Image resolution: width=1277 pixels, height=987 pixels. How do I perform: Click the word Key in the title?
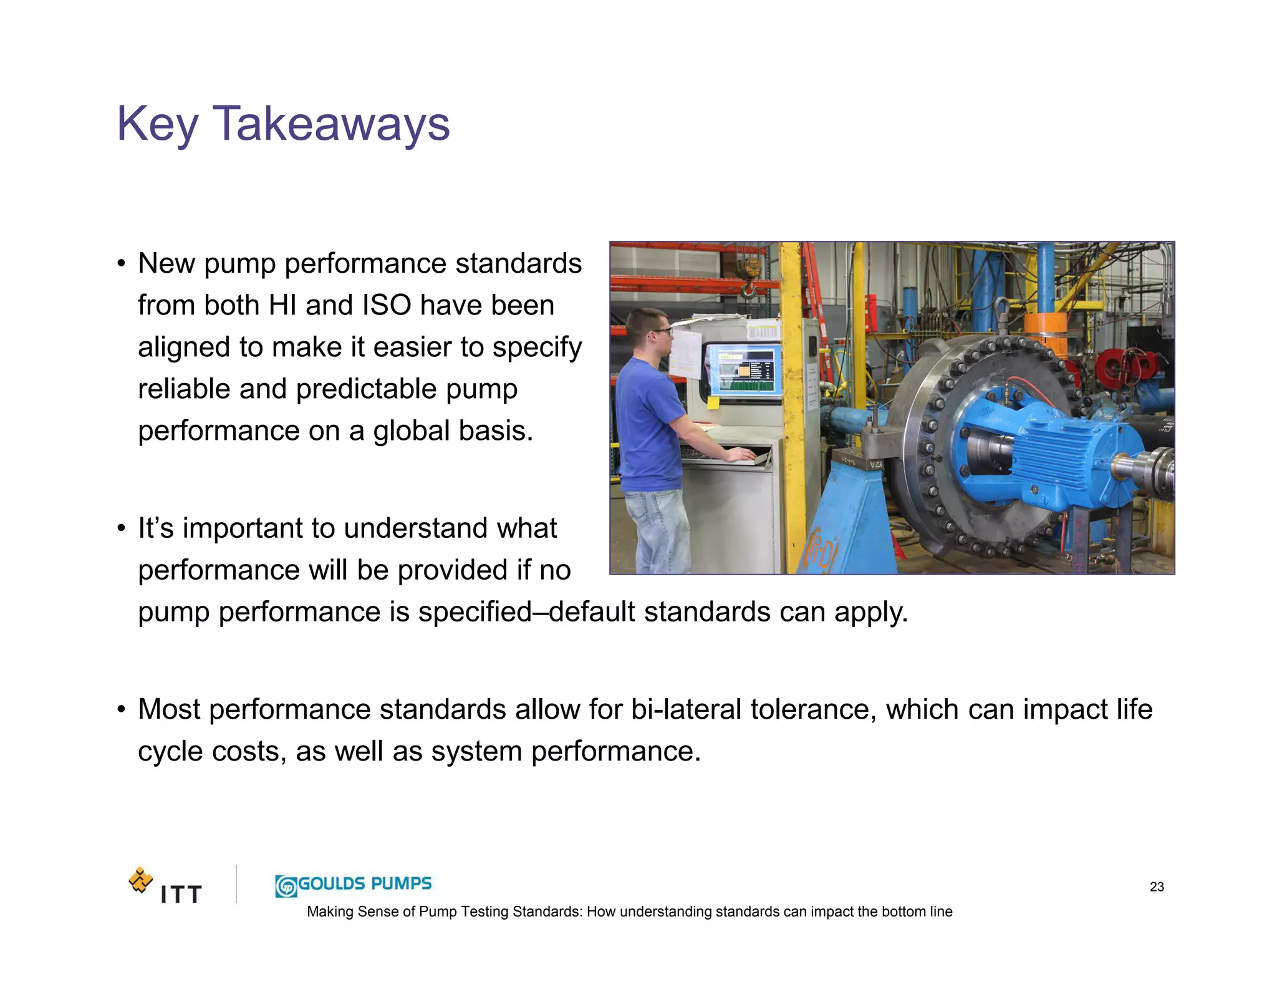[x=157, y=124]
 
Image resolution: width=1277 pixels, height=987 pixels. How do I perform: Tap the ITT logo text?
[x=181, y=895]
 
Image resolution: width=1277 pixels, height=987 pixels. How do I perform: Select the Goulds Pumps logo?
[x=353, y=885]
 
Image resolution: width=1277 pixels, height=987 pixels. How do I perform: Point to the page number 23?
[x=1157, y=887]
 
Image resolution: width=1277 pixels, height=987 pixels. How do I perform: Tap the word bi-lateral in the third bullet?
[x=686, y=709]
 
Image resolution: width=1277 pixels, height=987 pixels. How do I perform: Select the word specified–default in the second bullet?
[x=527, y=611]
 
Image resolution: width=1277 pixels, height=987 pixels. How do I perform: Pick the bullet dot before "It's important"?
[x=122, y=528]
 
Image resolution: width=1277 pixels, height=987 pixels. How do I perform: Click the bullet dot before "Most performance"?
[x=122, y=709]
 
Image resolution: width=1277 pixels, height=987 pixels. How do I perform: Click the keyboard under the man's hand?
[x=717, y=454]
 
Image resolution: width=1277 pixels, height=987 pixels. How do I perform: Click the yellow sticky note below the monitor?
[x=713, y=402]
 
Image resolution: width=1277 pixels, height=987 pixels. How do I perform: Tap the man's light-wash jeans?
[x=656, y=530]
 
